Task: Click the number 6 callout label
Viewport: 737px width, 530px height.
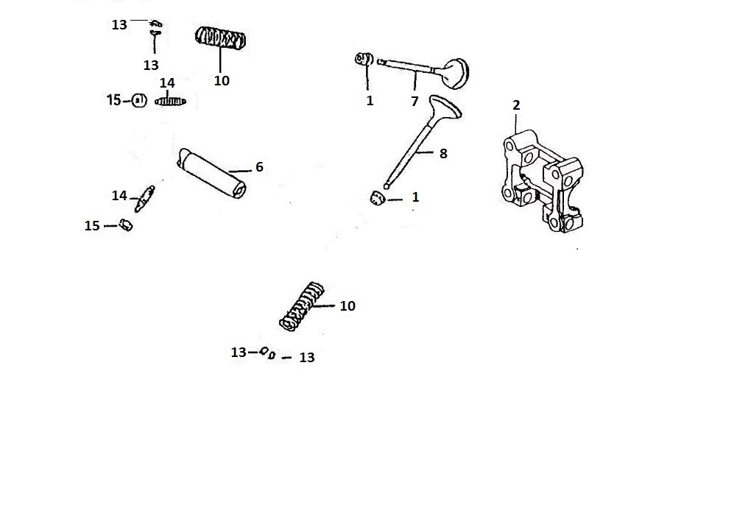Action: tap(259, 167)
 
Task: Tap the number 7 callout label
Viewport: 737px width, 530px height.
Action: tap(415, 101)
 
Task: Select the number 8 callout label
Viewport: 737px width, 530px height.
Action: tap(443, 153)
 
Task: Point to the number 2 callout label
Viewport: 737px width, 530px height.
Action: tap(516, 105)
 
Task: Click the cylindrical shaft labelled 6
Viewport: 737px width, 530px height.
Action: tap(212, 174)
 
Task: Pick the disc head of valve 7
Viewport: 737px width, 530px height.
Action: tap(455, 73)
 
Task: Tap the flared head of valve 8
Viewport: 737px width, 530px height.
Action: tap(445, 107)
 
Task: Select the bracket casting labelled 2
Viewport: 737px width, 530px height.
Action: tap(543, 181)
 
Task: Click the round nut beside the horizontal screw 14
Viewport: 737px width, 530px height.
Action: tap(139, 101)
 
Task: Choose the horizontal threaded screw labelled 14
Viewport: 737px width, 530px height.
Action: tap(170, 101)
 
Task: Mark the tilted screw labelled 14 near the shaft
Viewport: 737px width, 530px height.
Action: tap(145, 199)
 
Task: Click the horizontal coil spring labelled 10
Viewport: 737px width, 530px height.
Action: tap(220, 38)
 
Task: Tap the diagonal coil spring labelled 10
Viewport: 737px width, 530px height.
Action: tap(302, 306)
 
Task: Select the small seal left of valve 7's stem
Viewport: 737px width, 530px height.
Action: tap(364, 59)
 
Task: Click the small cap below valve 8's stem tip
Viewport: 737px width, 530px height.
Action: tap(378, 198)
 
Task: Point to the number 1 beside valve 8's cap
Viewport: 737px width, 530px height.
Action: tap(415, 197)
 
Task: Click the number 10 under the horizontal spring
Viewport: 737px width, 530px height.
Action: tap(222, 81)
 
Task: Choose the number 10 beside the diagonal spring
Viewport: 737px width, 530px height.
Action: tap(348, 306)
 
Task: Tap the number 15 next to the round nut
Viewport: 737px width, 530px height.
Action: tap(113, 100)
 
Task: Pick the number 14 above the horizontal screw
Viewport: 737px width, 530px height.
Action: tap(167, 83)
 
